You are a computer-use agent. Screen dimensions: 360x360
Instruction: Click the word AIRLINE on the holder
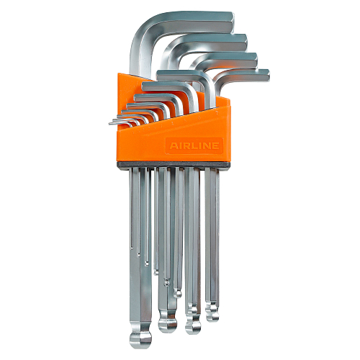point(194,145)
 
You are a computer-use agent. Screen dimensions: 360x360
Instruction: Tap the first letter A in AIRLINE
point(173,145)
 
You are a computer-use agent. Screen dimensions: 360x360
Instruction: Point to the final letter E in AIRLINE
point(215,145)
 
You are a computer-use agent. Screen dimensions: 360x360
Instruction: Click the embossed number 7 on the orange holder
point(217,114)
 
